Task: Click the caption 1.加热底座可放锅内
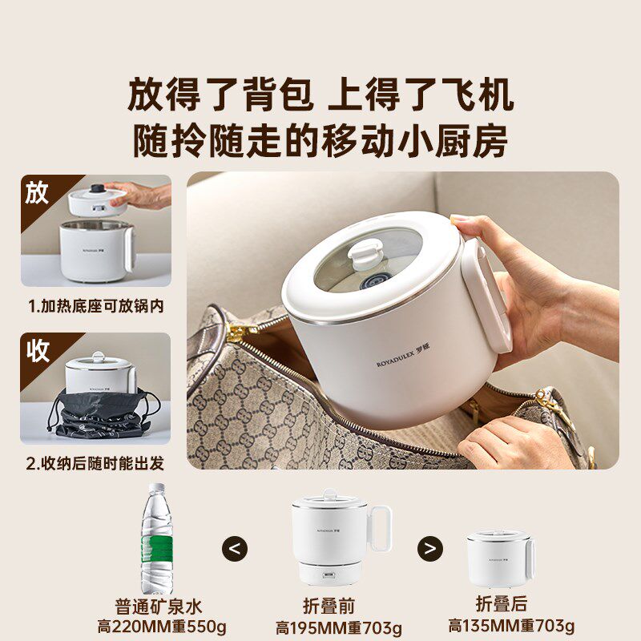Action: pyautogui.click(x=95, y=306)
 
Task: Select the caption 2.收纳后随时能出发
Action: pyautogui.click(x=95, y=463)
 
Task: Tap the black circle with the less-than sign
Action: pyautogui.click(x=234, y=549)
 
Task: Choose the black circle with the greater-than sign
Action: pyautogui.click(x=430, y=549)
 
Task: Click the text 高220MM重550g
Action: pyautogui.click(x=158, y=627)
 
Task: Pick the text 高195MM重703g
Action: pyautogui.click(x=338, y=627)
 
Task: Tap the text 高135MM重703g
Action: pyautogui.click(x=510, y=627)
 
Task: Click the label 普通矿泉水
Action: pyautogui.click(x=158, y=606)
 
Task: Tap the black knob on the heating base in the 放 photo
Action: pyautogui.click(x=97, y=189)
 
